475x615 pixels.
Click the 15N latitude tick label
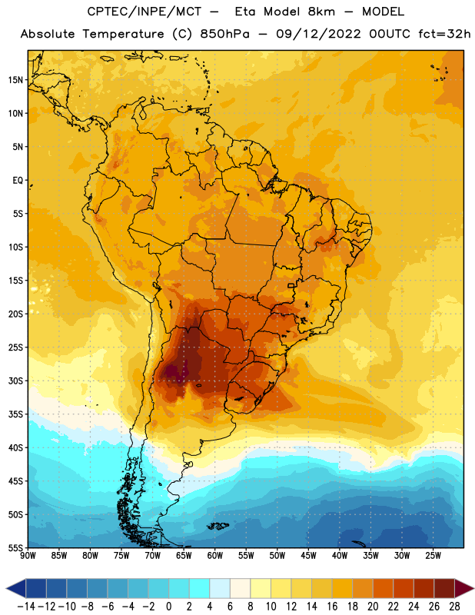(15, 80)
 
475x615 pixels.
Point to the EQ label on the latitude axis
(18, 181)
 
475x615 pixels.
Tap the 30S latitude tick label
(15, 381)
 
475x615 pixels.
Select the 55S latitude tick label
(15, 547)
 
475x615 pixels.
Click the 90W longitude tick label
(28, 556)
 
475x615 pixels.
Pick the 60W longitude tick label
(215, 556)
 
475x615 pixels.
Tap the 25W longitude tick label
(433, 556)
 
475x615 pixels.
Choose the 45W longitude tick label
(308, 556)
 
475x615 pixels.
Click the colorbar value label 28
(454, 607)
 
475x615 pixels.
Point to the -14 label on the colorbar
(26, 607)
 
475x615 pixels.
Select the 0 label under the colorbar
(168, 607)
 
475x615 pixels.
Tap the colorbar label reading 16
(332, 607)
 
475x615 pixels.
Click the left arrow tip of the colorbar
(6, 588)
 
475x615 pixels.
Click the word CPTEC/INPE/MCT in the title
(144, 12)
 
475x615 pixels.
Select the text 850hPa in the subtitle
(224, 34)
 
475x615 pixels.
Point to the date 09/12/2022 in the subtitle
(318, 34)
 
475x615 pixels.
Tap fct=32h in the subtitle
(444, 34)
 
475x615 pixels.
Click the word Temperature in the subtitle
(123, 34)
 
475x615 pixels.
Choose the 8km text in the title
(321, 12)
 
